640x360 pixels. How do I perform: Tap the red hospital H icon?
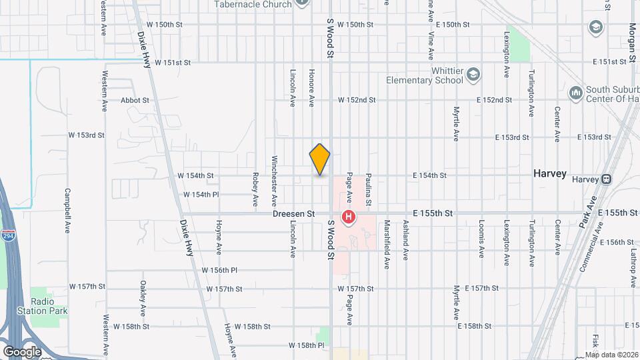(x=348, y=217)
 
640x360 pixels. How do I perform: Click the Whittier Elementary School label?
(x=425, y=76)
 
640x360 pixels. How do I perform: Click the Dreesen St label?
(x=293, y=214)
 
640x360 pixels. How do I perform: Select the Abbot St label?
(x=135, y=100)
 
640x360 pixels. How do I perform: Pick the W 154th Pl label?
(x=201, y=195)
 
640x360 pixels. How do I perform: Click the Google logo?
(x=22, y=351)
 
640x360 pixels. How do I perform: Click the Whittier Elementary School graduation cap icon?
(x=473, y=73)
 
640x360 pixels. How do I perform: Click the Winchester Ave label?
(x=274, y=181)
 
